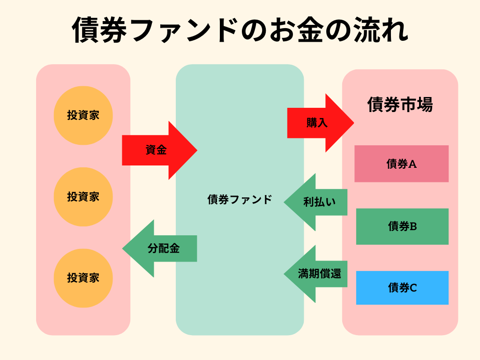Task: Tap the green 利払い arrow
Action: (318, 202)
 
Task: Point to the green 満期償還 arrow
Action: (318, 274)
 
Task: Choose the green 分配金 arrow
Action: (162, 248)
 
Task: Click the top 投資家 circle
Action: (83, 115)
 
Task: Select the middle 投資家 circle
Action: (83, 197)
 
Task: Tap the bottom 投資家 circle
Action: (83, 278)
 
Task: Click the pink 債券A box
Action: (401, 164)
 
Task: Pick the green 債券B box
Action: (402, 226)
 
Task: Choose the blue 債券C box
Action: (402, 288)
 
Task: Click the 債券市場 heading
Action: (400, 105)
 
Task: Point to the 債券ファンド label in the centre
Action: (240, 199)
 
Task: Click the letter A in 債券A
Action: (413, 164)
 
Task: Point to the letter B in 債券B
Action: (413, 227)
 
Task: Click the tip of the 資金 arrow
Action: (196, 150)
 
